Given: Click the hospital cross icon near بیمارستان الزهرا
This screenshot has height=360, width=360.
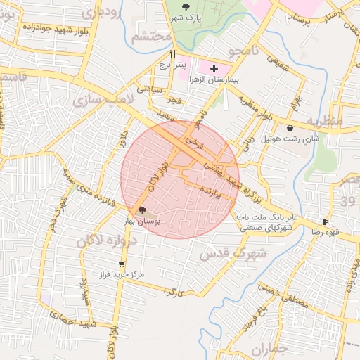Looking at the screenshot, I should point(214,67).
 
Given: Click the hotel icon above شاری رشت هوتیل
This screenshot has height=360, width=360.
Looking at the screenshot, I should point(290,128).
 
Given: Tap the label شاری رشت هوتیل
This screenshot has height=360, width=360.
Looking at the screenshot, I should point(291,139).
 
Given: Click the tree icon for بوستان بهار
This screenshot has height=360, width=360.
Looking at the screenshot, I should point(142,210).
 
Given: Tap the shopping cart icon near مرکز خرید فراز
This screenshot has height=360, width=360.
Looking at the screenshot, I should point(122,264).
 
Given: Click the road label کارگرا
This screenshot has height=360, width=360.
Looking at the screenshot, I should point(173,290).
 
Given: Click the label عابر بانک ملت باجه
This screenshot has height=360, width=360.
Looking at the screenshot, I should point(267,218).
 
